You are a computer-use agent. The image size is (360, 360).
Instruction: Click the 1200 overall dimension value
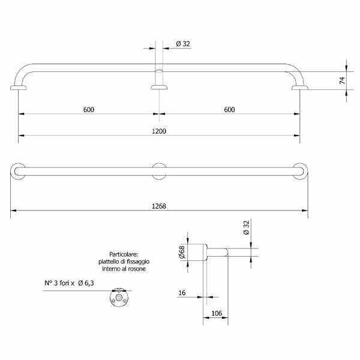158,130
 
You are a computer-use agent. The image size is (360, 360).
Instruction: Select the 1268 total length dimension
158,206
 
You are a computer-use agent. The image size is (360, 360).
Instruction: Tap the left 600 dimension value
89,109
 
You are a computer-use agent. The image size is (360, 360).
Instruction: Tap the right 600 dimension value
229,109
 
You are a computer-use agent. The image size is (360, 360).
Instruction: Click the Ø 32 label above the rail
184,44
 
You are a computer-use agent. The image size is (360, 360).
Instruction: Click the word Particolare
124,254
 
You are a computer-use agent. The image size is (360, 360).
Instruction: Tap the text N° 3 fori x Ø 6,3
70,283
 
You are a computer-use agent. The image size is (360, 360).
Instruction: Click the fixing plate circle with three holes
119,298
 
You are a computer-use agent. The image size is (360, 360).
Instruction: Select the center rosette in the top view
159,171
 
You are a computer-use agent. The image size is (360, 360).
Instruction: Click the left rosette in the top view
18,171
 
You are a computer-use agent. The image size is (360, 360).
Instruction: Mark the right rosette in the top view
300,171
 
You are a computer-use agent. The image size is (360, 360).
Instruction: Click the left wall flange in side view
19,89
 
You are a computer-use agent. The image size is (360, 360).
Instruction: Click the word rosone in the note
137,269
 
